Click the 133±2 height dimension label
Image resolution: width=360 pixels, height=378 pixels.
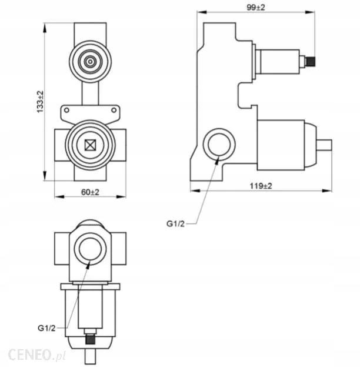pos(40,102)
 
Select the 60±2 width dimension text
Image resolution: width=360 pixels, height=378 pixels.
pos(90,192)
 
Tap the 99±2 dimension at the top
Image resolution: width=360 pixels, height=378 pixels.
pos(256,8)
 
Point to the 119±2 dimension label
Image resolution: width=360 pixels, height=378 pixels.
pos(261,186)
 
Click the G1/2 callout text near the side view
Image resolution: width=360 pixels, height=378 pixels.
pos(175,224)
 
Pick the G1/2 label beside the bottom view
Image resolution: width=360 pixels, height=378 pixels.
pos(46,328)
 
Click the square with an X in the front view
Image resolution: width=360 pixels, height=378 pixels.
pos(90,145)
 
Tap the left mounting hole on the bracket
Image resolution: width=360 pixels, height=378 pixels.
pos(66,110)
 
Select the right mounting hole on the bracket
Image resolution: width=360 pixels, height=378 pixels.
pos(114,110)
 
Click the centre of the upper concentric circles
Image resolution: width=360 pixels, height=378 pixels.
pos(90,62)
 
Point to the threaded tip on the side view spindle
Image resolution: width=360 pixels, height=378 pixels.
pos(311,61)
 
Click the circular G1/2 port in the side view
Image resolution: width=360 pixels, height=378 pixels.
pos(219,145)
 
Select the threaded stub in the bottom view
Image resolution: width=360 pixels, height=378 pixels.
pos(90,339)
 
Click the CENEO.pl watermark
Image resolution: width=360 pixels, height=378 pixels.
pos(36,354)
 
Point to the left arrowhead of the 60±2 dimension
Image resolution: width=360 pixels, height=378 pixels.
pos(59,197)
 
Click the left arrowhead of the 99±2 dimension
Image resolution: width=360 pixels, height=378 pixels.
pos(202,12)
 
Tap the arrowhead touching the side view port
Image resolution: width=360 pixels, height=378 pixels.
pos(217,160)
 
